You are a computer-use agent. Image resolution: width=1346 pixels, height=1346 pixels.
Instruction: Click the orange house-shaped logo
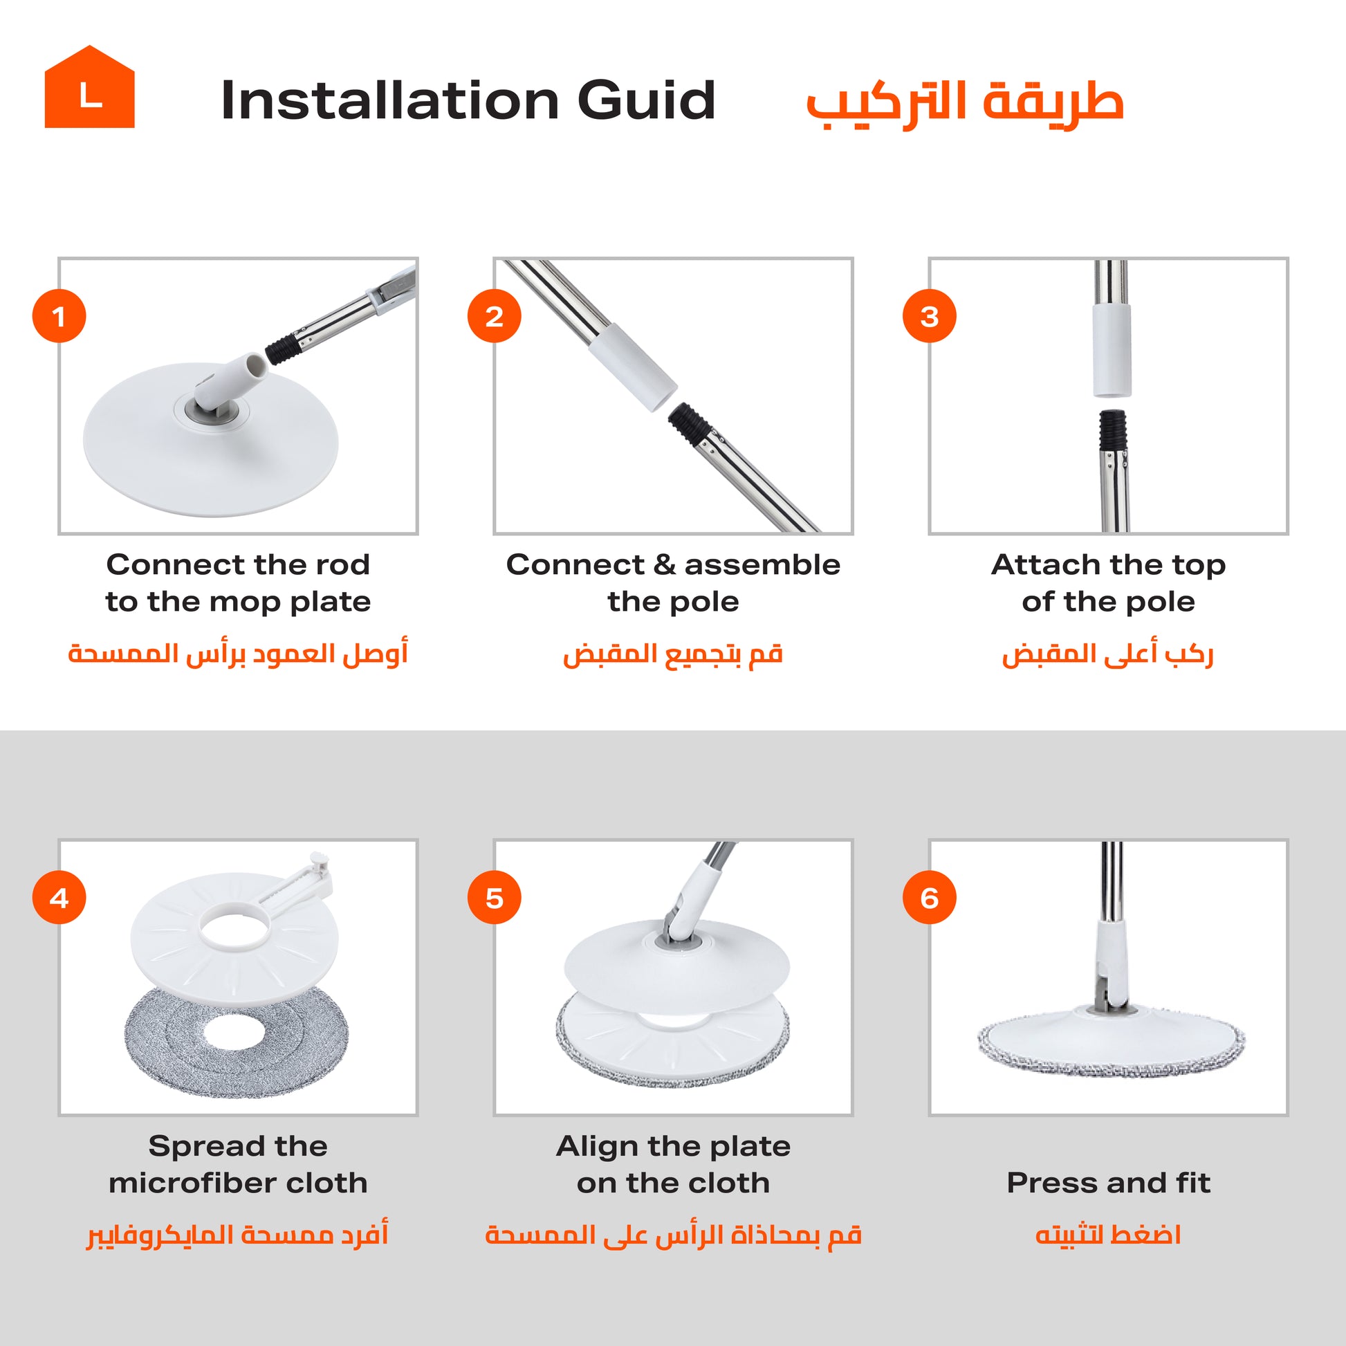click(89, 87)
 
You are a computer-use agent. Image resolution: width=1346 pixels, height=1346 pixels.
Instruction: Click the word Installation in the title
click(390, 100)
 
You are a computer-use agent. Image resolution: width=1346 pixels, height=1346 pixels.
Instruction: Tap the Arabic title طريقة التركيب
click(965, 104)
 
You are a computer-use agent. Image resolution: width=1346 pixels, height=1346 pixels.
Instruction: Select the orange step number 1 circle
click(59, 315)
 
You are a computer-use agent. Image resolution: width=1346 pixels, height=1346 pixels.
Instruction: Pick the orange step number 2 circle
click(495, 315)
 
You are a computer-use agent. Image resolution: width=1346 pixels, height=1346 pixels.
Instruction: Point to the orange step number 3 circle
click(930, 315)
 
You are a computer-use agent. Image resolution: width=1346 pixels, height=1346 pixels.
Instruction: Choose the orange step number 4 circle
click(59, 897)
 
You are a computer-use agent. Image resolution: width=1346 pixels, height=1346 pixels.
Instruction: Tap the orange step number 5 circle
click(495, 897)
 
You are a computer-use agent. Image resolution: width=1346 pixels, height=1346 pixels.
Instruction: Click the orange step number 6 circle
click(930, 897)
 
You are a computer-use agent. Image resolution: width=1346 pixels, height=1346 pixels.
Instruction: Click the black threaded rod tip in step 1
click(283, 349)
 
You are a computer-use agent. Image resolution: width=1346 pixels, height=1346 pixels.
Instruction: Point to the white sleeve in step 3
click(1112, 349)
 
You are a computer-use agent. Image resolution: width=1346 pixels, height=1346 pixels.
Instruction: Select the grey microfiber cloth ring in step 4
click(236, 1043)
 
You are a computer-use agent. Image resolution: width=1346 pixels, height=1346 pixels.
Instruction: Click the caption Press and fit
click(1109, 1183)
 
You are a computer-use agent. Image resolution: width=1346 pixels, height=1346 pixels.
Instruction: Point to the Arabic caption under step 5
click(673, 1235)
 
